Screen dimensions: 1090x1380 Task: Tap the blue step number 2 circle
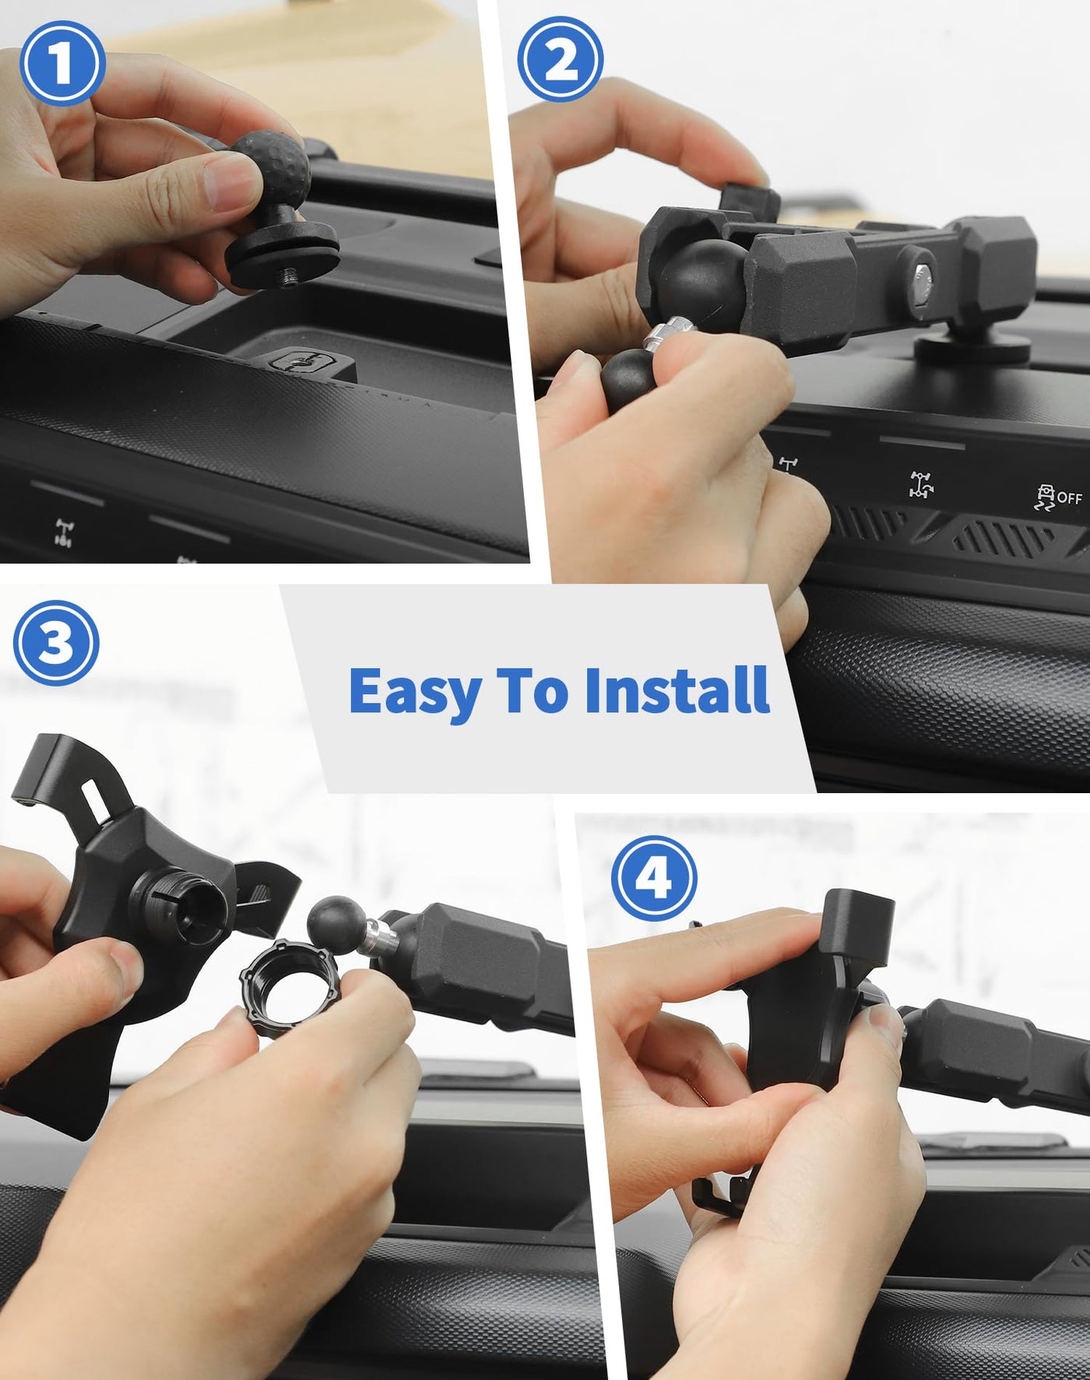(561, 60)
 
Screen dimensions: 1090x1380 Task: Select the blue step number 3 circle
(56, 643)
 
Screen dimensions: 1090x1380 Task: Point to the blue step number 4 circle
(654, 878)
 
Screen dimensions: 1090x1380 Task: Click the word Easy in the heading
(414, 691)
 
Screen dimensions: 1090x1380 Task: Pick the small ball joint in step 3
(336, 924)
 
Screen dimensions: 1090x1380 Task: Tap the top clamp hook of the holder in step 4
(860, 920)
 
